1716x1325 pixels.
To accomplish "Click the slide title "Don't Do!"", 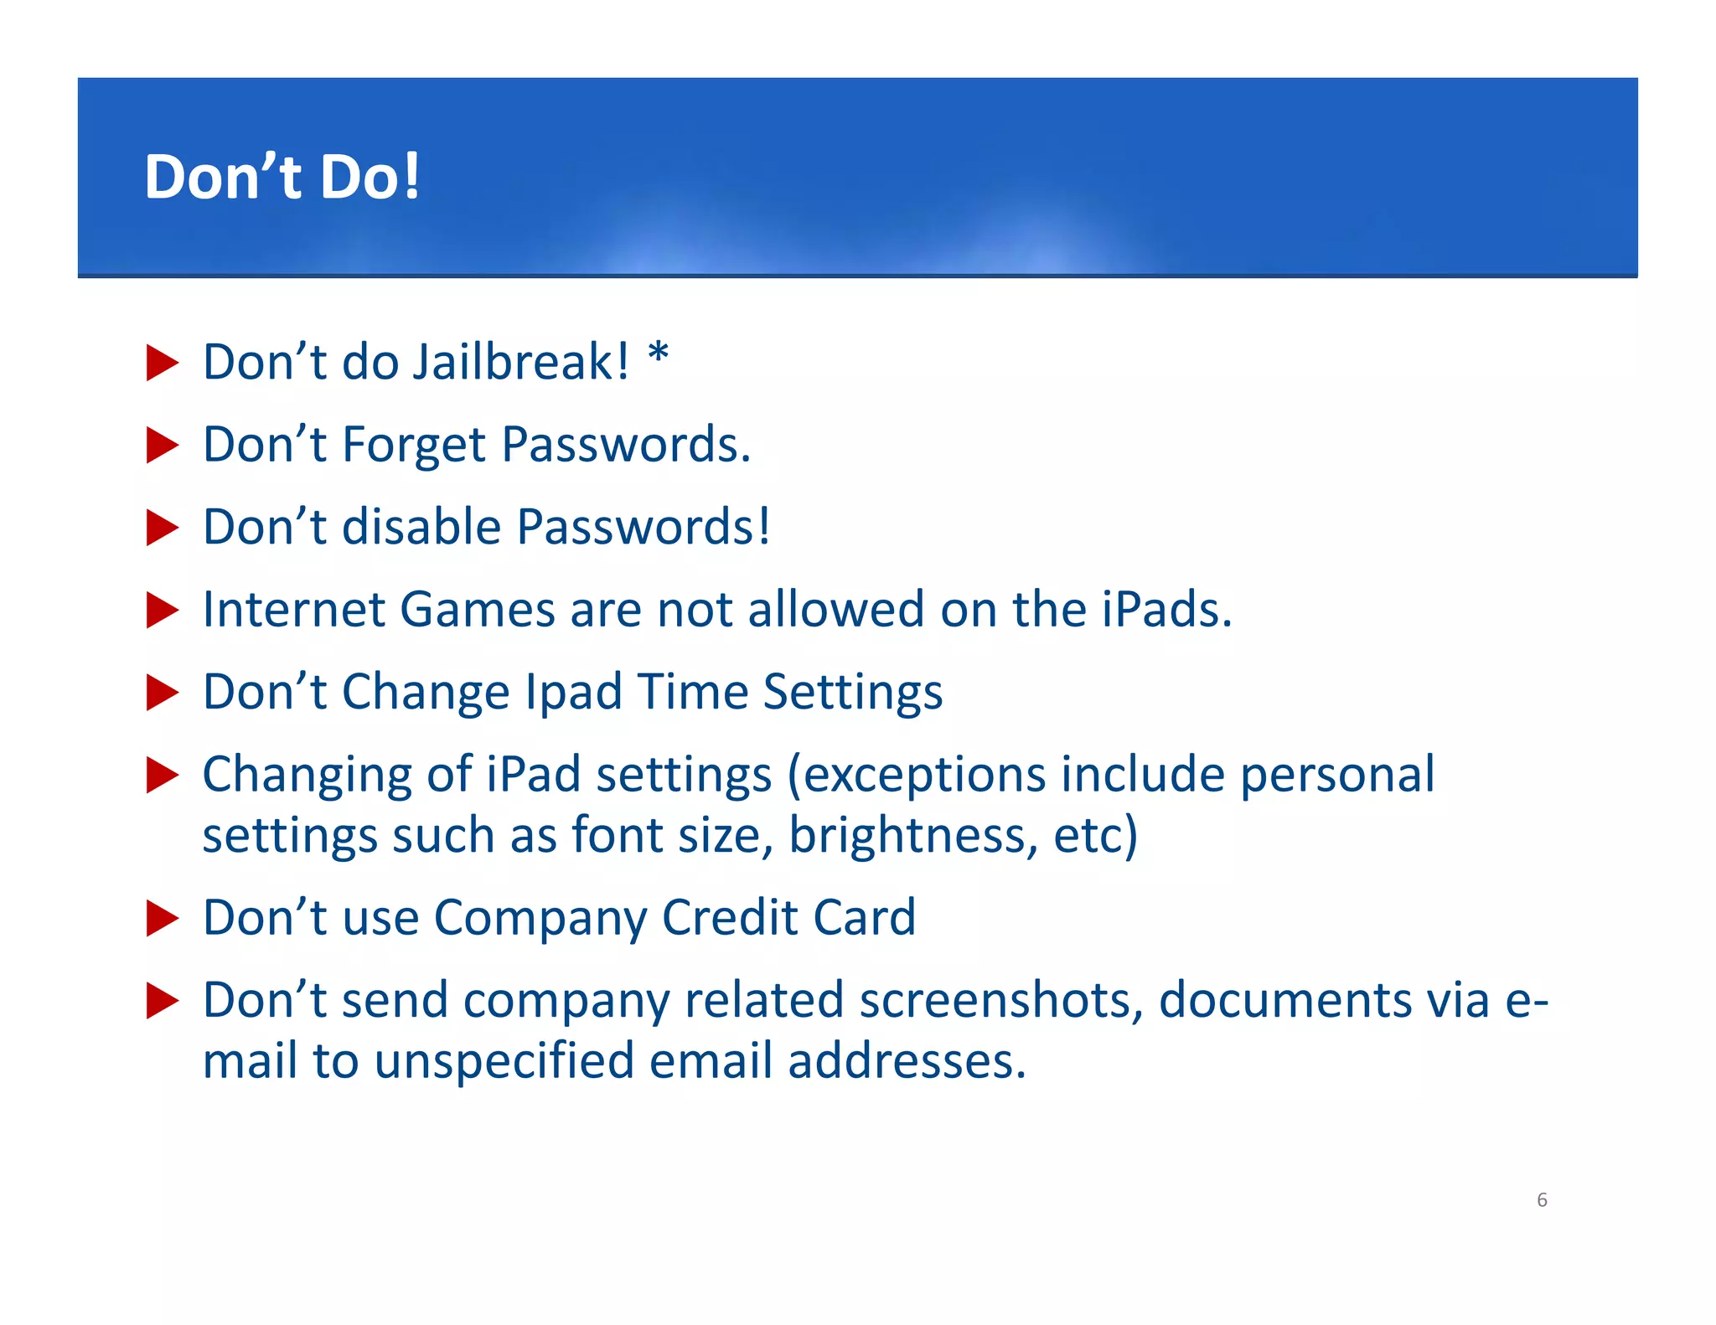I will click(x=282, y=177).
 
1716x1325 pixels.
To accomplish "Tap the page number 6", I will click(x=1541, y=1199).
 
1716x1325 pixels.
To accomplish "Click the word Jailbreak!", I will click(x=520, y=362).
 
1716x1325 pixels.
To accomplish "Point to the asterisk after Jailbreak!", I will click(x=659, y=354).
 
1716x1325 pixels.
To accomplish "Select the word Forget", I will click(x=414, y=445).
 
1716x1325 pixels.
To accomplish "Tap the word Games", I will click(x=478, y=609).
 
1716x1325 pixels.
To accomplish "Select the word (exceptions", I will click(x=916, y=776).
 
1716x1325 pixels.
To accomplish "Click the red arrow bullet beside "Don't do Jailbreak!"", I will click(x=162, y=363).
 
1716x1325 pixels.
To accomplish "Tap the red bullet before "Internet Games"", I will click(x=162, y=610).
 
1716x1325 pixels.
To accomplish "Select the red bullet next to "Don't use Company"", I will click(x=162, y=918).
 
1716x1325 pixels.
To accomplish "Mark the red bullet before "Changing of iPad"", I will click(x=162, y=775).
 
